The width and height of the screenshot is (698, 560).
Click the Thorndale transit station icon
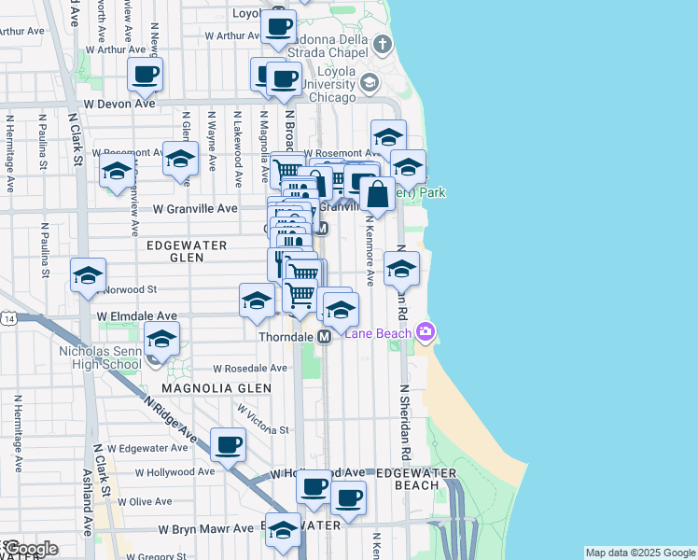[x=325, y=336]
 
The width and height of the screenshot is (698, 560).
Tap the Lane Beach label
[x=381, y=332]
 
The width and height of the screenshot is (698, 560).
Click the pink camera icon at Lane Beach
[x=426, y=331]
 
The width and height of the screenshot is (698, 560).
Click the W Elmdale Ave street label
[x=137, y=316]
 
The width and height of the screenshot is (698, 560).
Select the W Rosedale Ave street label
[x=243, y=368]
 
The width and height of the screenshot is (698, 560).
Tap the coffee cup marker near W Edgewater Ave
[x=228, y=445]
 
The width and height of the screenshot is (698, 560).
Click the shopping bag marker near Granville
[x=378, y=195]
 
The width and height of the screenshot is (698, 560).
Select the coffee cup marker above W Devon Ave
[x=145, y=75]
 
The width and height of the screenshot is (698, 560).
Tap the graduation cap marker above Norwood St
[x=89, y=276]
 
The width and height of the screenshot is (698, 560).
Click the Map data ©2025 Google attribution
[x=640, y=553]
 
